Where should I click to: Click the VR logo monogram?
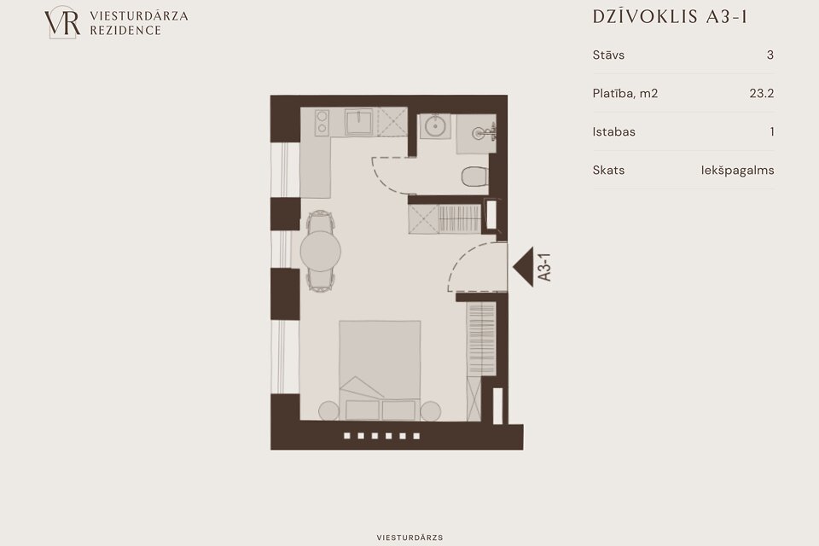62,22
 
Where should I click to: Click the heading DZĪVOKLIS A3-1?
670,17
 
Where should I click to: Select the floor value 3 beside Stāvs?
770,55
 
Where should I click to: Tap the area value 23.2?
762,94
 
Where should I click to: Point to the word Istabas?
613,131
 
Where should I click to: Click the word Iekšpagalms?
737,171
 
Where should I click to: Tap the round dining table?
320,251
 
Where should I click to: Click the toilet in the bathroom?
474,177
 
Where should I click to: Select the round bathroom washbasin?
434,126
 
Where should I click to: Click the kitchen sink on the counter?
359,122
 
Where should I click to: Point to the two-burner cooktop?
322,122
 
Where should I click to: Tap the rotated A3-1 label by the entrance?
544,267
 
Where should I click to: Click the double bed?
380,370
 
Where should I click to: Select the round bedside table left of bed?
329,411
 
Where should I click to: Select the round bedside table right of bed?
430,411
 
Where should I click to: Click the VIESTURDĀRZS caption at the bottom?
409,537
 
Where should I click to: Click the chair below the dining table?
320,281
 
